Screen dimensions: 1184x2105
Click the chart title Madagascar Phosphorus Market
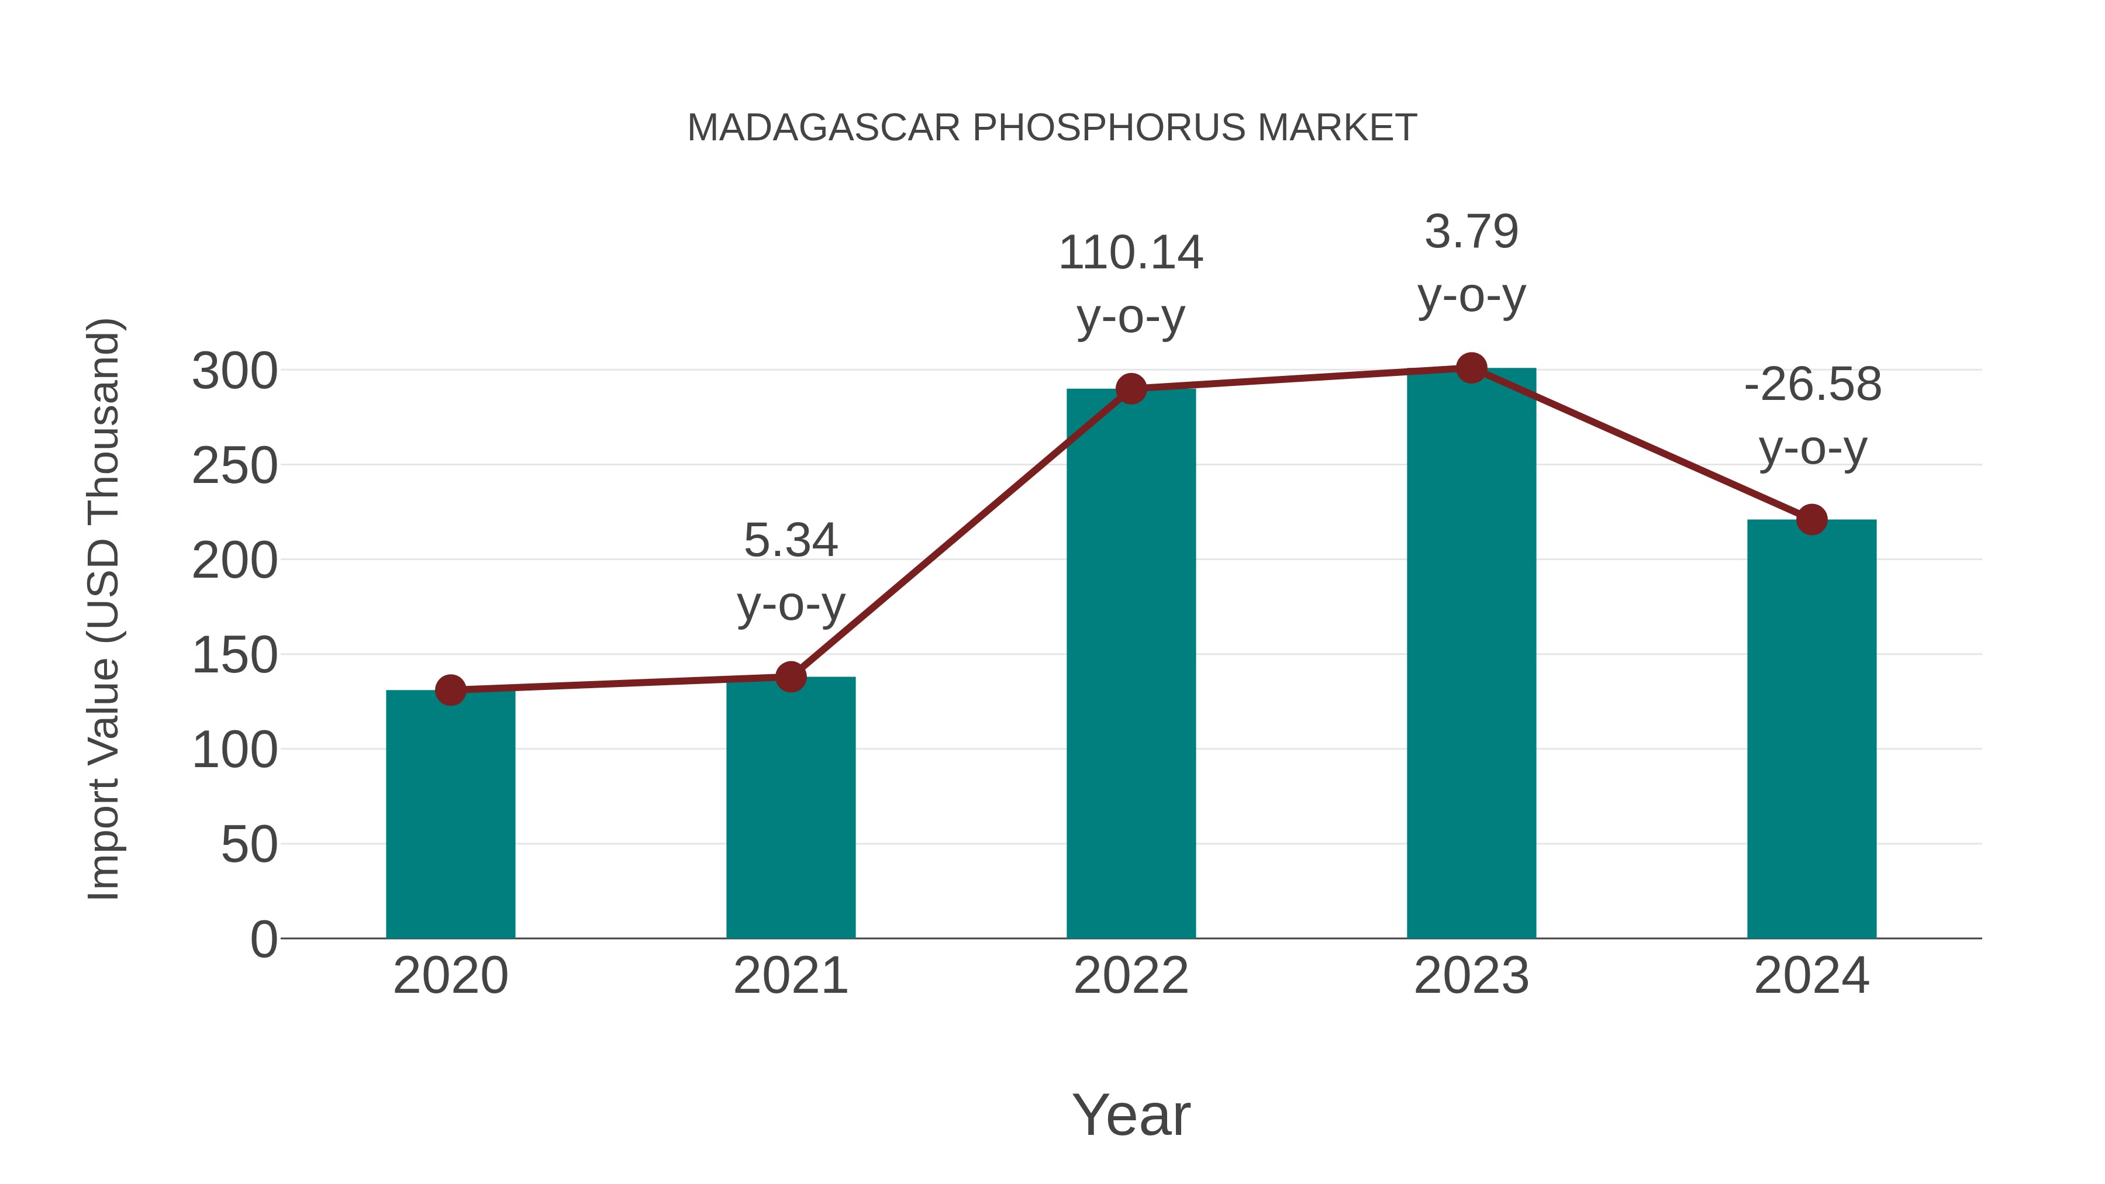[x=1052, y=128]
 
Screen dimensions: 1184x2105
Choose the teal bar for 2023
[x=1471, y=653]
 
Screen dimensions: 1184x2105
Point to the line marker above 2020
[x=450, y=691]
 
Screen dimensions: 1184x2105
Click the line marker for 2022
[x=1131, y=389]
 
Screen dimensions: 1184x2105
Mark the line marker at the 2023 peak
[x=1471, y=368]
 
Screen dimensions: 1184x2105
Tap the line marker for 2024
[x=1811, y=520]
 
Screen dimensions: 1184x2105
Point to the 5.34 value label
[x=790, y=541]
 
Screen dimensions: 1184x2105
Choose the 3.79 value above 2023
[x=1471, y=232]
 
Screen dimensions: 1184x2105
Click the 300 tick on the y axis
[x=234, y=372]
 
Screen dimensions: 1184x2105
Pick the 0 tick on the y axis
[x=263, y=940]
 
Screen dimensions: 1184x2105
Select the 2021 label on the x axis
[x=790, y=976]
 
